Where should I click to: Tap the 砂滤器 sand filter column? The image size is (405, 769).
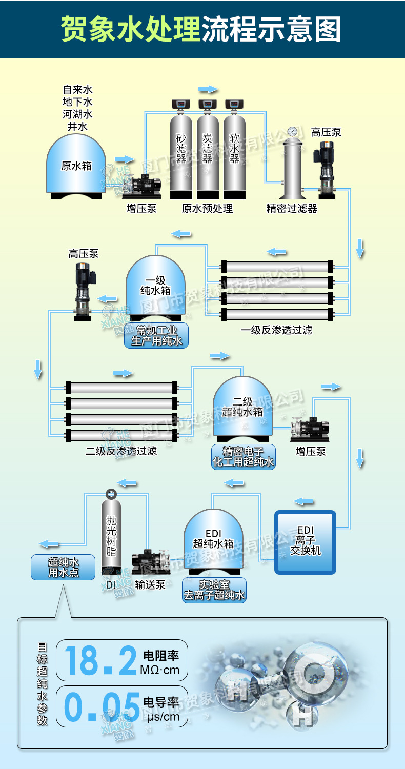(181, 154)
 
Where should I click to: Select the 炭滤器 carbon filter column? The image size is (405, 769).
(208, 154)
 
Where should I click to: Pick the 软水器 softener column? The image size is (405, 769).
(234, 154)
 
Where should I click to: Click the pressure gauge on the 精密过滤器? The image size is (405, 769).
(293, 131)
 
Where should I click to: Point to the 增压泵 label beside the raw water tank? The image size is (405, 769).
(141, 209)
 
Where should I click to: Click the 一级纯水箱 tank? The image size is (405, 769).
(155, 287)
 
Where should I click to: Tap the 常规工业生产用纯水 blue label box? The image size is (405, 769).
(156, 336)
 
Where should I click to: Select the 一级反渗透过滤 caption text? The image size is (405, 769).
(276, 330)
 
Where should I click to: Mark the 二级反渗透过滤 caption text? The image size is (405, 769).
(121, 451)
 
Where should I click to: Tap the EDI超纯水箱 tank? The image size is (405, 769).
(213, 538)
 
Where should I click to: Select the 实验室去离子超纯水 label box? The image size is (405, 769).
(214, 590)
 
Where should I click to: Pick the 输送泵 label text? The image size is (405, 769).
(150, 584)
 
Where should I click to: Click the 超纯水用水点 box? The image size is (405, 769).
(63, 568)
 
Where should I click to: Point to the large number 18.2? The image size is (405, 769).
(100, 660)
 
